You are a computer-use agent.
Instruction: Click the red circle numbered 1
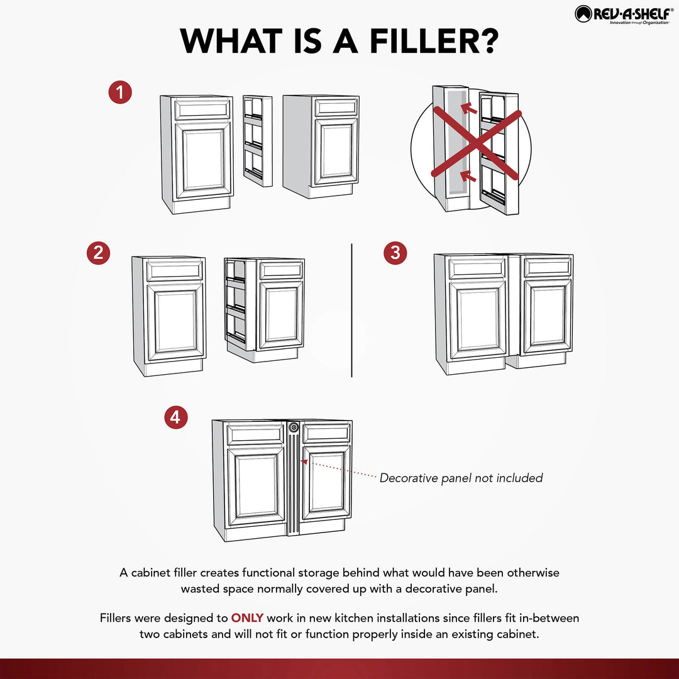point(120,93)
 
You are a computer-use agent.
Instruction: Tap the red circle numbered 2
point(98,253)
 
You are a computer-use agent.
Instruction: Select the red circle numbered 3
point(395,253)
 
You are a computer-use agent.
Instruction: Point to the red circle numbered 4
point(176,417)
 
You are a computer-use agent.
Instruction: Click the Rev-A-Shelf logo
point(622,14)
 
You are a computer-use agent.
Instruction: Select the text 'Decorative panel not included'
point(461,478)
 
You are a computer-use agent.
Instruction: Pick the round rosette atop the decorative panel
point(294,428)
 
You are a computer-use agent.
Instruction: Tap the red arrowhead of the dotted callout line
point(304,461)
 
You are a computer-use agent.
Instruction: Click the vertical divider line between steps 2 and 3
point(351,311)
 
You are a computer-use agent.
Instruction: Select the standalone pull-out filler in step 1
point(258,140)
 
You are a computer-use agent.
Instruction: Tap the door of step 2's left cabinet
point(175,321)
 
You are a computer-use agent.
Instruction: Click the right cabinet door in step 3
point(548,318)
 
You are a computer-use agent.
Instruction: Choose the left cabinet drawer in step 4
point(255,434)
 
